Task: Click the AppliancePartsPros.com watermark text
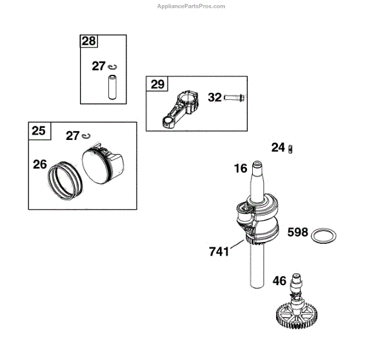192,6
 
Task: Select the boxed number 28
88,42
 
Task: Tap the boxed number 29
157,84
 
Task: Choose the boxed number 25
39,131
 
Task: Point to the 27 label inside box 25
73,135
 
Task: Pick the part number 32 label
215,97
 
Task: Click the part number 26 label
40,165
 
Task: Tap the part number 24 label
278,148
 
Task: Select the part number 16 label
241,169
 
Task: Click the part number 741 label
219,252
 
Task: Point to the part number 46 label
279,281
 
